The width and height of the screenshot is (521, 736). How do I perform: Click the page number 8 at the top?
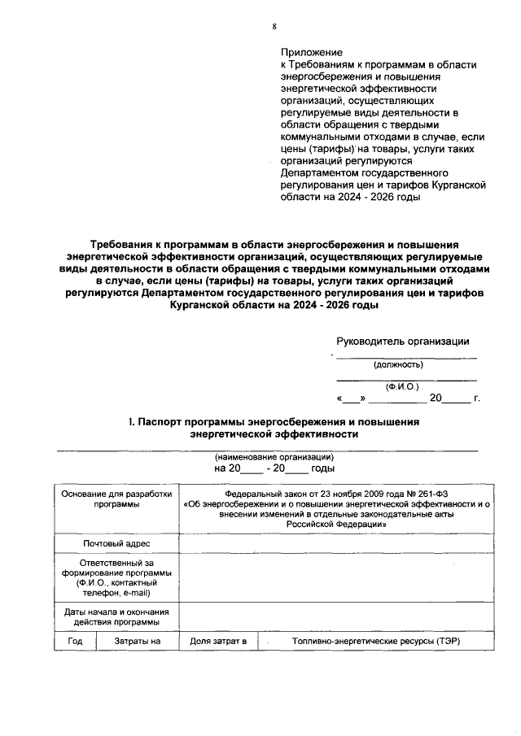click(274, 26)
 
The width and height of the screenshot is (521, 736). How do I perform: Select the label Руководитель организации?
click(402, 342)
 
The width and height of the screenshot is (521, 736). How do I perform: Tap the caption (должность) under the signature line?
click(398, 364)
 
